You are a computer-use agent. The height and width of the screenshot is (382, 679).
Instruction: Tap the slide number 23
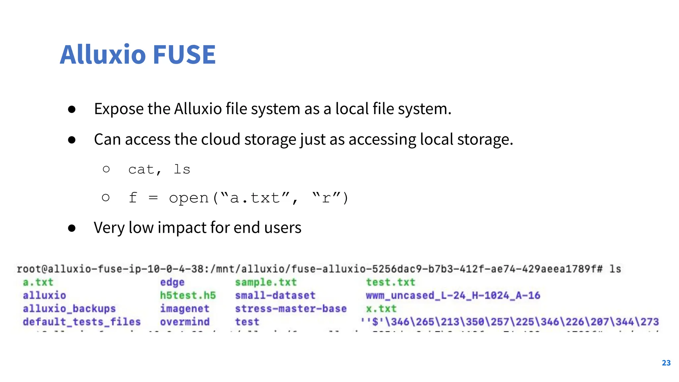666,363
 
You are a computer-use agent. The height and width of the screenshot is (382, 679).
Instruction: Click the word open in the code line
189,198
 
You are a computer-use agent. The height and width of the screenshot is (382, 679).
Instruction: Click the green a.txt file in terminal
38,282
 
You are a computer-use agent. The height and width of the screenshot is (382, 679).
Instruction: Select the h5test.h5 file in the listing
188,295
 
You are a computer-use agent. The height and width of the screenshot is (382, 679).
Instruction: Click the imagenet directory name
185,309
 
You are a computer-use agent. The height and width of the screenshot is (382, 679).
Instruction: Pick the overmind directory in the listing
185,322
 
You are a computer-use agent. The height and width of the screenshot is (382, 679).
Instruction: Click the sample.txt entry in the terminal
266,282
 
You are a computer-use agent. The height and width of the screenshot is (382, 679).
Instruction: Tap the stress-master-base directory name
291,309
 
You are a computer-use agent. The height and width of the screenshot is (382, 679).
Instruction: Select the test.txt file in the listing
390,282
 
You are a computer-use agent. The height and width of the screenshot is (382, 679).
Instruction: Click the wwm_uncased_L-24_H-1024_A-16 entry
453,295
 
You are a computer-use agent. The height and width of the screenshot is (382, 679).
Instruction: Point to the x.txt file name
381,309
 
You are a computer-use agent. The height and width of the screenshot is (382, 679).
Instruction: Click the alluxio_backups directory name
69,309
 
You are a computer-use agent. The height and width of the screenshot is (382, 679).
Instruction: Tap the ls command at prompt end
615,269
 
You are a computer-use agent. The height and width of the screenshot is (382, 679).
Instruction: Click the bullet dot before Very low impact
72,228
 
